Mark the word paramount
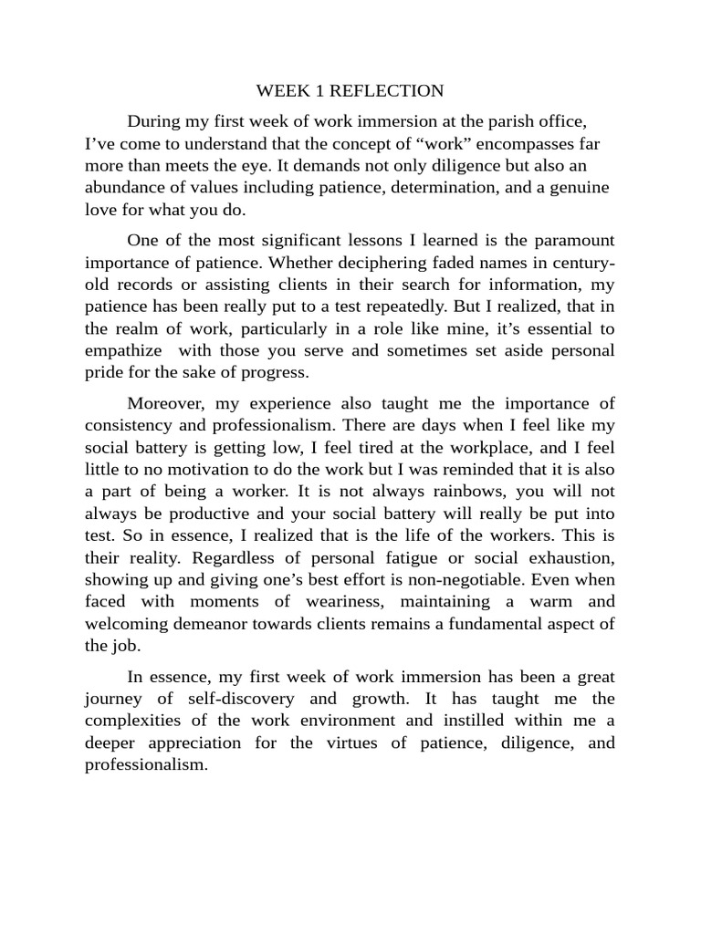click(570, 241)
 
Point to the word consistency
click(130, 426)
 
